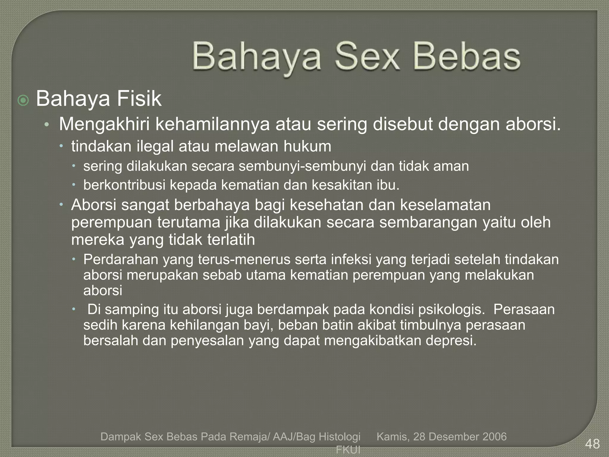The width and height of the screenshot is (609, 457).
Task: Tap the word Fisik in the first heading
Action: [139, 99]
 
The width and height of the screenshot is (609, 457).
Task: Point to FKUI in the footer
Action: [348, 450]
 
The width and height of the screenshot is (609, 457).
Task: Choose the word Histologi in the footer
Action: [340, 436]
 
